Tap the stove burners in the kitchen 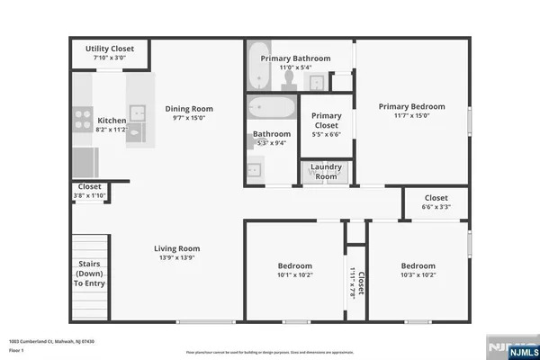[x=82, y=114]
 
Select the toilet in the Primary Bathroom [x=290, y=80]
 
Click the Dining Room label [x=189, y=109]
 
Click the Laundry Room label [x=325, y=172]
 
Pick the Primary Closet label [x=326, y=121]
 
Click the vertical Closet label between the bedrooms [x=358, y=283]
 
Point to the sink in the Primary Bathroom [x=317, y=83]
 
